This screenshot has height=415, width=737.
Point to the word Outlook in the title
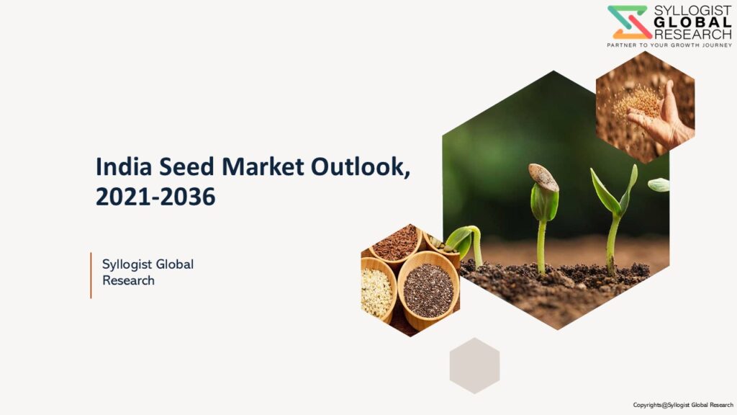(358, 166)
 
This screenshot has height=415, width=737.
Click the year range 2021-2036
(155, 197)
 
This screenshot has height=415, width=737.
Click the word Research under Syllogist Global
(128, 280)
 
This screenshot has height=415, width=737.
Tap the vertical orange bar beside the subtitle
(91, 275)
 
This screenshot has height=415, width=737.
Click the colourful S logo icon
(629, 22)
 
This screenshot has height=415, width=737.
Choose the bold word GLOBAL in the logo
(693, 22)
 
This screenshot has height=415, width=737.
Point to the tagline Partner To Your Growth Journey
(669, 45)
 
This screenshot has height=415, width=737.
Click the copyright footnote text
(683, 405)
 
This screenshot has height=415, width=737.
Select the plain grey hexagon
(475, 365)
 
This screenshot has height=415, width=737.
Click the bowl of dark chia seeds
(428, 290)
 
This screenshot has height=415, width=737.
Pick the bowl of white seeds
(377, 291)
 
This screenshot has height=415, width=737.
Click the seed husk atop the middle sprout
(544, 177)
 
